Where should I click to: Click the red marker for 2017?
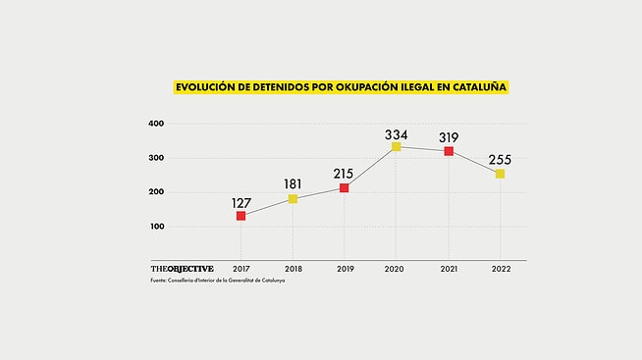pyautogui.click(x=241, y=215)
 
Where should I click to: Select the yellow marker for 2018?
pyautogui.click(x=293, y=199)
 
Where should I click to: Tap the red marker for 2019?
pyautogui.click(x=345, y=187)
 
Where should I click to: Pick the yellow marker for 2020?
pyautogui.click(x=397, y=146)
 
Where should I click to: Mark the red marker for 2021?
pyautogui.click(x=449, y=151)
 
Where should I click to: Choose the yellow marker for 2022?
pyautogui.click(x=500, y=174)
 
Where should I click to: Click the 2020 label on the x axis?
pyautogui.click(x=397, y=269)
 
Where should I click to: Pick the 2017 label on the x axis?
pyautogui.click(x=241, y=269)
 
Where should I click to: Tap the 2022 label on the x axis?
pyautogui.click(x=500, y=269)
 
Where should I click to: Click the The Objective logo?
pyautogui.click(x=182, y=269)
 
